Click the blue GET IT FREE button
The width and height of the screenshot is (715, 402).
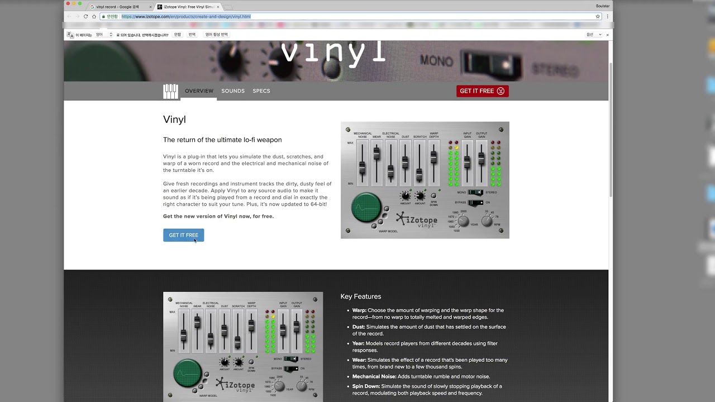click(183, 235)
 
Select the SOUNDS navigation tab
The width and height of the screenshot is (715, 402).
click(233, 91)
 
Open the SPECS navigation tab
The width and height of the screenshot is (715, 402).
click(261, 91)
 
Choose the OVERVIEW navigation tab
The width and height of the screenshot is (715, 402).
click(199, 91)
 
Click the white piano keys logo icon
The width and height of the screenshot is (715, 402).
click(170, 92)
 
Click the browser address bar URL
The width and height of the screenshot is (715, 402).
click(186, 17)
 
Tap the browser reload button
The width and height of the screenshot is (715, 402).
click(85, 17)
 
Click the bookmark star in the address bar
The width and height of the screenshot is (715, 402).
click(598, 17)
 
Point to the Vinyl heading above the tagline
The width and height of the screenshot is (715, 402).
click(174, 119)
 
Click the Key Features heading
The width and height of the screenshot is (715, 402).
click(361, 296)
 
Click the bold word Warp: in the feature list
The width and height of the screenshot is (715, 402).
click(359, 310)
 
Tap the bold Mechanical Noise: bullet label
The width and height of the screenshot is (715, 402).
click(374, 377)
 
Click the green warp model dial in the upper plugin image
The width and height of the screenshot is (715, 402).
click(366, 207)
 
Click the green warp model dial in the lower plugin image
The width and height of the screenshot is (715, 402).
click(188, 374)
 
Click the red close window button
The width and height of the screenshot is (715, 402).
click(68, 4)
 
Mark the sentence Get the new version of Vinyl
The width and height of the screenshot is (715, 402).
click(218, 216)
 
